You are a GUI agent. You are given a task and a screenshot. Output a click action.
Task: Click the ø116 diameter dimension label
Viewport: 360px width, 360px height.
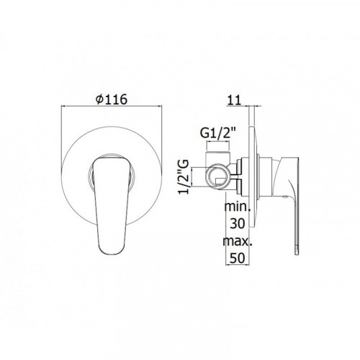click(x=112, y=99)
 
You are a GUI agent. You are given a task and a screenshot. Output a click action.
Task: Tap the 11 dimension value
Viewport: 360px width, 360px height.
click(x=234, y=100)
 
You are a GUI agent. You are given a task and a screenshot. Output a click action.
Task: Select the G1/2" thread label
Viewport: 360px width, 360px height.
click(x=218, y=133)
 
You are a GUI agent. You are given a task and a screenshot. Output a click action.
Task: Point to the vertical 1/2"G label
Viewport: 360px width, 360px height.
click(x=184, y=177)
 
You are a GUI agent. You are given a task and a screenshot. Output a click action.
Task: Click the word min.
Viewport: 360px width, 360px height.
click(x=238, y=207)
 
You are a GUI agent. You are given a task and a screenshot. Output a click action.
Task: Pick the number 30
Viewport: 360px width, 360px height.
click(x=238, y=224)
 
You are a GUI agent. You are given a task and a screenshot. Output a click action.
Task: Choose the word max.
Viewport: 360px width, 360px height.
click(x=238, y=241)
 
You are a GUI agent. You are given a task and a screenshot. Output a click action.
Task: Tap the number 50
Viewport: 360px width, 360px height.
click(x=238, y=258)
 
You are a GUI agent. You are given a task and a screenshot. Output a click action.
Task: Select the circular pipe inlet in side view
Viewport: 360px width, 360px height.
click(x=217, y=177)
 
